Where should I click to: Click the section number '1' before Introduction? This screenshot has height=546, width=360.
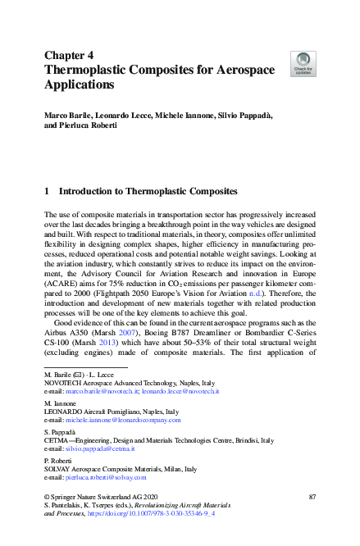click(x=47, y=191)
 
